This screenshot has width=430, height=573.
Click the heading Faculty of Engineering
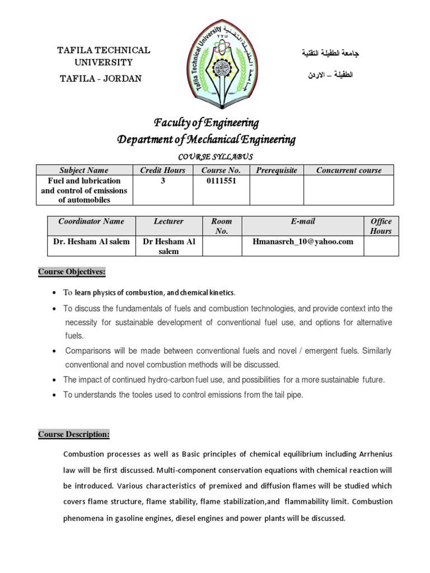(x=206, y=123)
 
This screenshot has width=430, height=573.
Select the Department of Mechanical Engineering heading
(x=206, y=139)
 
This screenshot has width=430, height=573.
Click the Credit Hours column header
(x=162, y=170)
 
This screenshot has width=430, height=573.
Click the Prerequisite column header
(x=276, y=170)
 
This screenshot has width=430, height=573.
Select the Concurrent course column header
(x=348, y=170)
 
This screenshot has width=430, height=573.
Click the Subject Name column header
(x=84, y=170)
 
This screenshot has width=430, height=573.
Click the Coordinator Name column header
(x=91, y=222)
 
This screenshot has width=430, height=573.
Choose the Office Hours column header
(x=381, y=226)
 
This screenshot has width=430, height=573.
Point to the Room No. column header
(x=222, y=226)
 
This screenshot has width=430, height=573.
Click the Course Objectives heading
(x=72, y=273)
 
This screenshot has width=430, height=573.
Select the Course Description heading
(x=74, y=434)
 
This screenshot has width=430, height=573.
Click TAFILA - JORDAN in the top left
(x=101, y=78)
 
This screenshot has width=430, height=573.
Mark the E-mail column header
(x=303, y=222)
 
